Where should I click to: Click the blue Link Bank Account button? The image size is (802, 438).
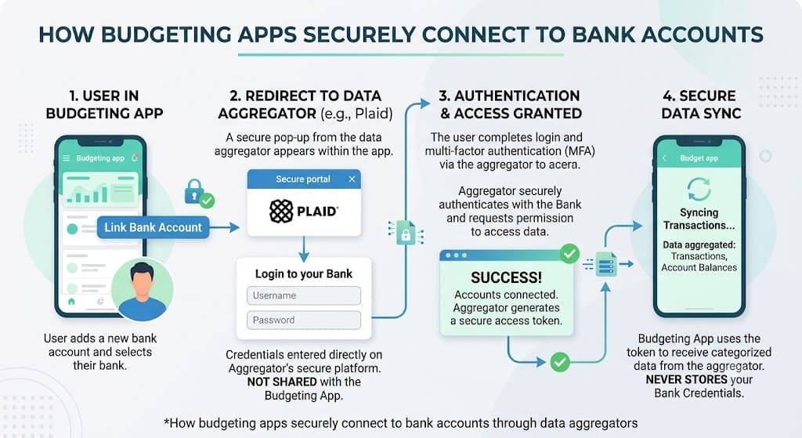[x=153, y=227]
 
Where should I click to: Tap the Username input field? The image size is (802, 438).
[x=304, y=295]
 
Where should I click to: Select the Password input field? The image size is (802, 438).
[x=304, y=320]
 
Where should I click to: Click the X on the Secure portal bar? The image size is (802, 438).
[x=352, y=179]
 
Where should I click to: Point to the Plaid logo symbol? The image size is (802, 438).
[x=281, y=212]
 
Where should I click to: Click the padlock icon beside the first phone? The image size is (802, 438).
[x=194, y=191]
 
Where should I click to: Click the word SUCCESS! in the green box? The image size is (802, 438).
[x=506, y=277]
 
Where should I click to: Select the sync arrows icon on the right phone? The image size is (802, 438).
[x=699, y=189]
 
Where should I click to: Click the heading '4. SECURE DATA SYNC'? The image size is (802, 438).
[x=701, y=104]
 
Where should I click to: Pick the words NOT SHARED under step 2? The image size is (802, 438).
[x=282, y=382]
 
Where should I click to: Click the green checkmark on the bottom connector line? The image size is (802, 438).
[x=560, y=362]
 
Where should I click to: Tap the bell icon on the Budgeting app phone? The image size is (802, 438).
[x=135, y=157]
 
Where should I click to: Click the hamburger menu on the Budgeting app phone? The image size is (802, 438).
[x=67, y=158]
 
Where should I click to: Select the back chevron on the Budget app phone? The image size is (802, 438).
[x=664, y=158]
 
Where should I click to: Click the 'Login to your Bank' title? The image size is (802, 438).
[x=304, y=273]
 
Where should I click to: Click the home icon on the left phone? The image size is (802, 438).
[x=71, y=302]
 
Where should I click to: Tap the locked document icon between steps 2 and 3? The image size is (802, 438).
[x=406, y=232]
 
